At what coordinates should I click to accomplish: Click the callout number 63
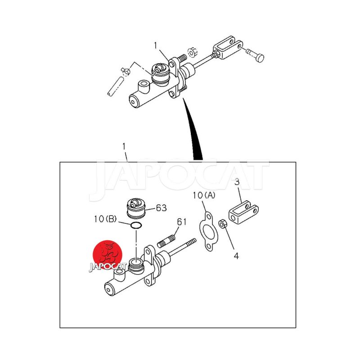[x=161, y=208]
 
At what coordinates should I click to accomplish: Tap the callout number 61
[x=182, y=222]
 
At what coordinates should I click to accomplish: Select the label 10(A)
[x=204, y=195]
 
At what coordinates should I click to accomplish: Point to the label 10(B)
[x=105, y=219]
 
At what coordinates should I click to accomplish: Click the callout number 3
[x=237, y=182]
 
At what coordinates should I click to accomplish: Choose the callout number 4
[x=236, y=256]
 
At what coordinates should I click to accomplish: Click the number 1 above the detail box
[x=124, y=146]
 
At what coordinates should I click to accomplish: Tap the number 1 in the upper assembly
[x=155, y=46]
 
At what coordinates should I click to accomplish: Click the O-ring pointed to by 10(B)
[x=136, y=226]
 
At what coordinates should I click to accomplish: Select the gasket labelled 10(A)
[x=208, y=231]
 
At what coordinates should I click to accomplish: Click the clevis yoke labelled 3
[x=243, y=212]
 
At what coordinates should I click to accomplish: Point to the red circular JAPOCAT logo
[x=107, y=255]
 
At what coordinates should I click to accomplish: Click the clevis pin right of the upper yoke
[x=255, y=54]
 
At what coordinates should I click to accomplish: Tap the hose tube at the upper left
[x=115, y=86]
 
